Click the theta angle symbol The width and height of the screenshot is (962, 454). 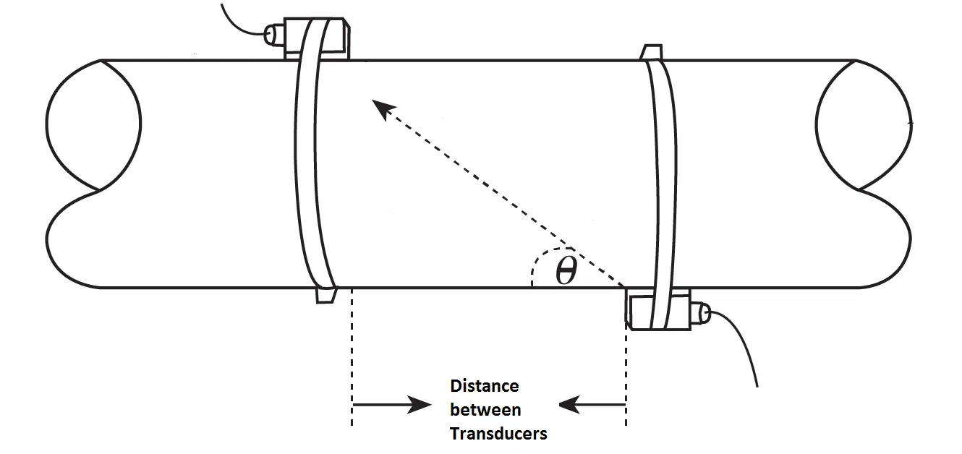click(x=566, y=271)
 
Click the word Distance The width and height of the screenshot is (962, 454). click(x=484, y=386)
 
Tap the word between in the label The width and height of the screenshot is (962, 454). click(x=485, y=410)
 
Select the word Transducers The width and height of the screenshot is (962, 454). click(x=498, y=434)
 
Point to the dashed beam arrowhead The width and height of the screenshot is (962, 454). click(x=381, y=109)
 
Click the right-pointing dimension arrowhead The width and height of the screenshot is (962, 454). click(x=420, y=405)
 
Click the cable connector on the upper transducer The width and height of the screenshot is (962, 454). click(x=273, y=33)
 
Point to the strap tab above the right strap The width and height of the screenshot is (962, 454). click(x=651, y=51)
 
